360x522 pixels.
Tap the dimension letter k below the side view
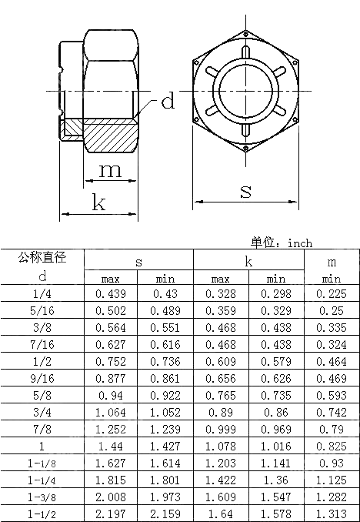click(x=99, y=202)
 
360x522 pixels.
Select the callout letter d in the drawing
click(x=168, y=101)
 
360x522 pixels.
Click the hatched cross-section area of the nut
click(x=108, y=136)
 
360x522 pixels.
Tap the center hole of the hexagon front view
click(x=245, y=92)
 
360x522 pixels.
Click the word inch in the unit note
click(x=300, y=243)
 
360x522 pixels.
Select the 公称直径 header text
click(x=42, y=258)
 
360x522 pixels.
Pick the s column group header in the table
click(x=138, y=262)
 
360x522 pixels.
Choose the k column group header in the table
click(x=248, y=262)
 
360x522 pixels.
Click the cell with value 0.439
click(x=111, y=293)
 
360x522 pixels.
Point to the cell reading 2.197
click(x=111, y=513)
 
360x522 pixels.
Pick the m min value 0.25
click(x=332, y=310)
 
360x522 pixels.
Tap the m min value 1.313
click(x=332, y=513)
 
